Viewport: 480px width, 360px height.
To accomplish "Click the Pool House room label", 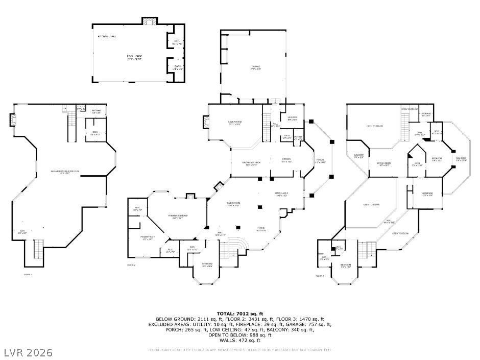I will pyautogui.click(x=134, y=57).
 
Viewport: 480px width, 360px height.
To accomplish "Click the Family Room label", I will pyautogui.click(x=235, y=123).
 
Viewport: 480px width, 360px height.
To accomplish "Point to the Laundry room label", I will pyautogui.click(x=292, y=119).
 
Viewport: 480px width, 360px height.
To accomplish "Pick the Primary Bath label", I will pyautogui.click(x=148, y=238).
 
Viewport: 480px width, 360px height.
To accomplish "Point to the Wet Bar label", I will pyautogui.click(x=96, y=111).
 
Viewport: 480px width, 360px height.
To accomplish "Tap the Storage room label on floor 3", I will pyautogui.click(x=426, y=114).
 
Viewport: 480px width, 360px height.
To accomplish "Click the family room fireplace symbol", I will pyautogui.click(x=206, y=123).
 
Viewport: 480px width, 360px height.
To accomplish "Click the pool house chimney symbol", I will pyautogui.click(x=149, y=21).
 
